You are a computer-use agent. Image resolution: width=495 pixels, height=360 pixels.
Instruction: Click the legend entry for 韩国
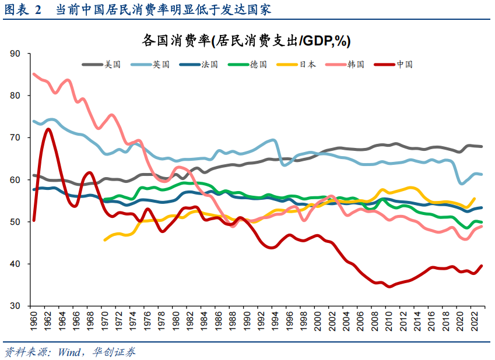[355, 65]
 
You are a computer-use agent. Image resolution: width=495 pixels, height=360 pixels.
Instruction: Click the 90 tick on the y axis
[15, 54]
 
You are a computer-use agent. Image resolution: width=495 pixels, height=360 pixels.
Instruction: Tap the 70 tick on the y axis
[15, 137]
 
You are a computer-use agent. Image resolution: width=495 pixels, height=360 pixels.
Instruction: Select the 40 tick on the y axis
[15, 264]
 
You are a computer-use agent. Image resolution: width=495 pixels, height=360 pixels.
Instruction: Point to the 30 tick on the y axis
[15, 306]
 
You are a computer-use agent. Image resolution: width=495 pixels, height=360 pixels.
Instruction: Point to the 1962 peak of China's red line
[48, 129]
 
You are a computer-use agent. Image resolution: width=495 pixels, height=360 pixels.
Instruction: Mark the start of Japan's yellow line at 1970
[105, 239]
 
